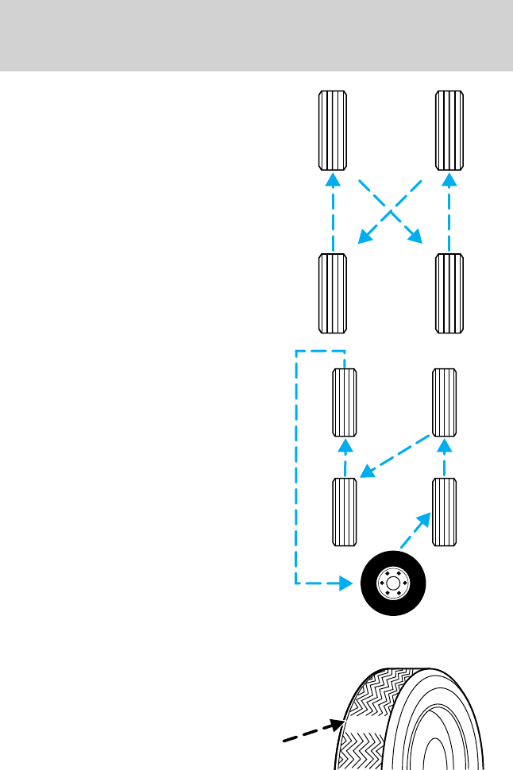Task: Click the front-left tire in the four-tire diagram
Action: (x=332, y=130)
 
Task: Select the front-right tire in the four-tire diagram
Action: (x=449, y=130)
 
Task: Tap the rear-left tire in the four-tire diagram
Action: (x=332, y=293)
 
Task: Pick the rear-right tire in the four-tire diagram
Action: (x=449, y=293)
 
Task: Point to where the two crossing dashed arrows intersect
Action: (x=391, y=212)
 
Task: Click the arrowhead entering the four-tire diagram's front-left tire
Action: (x=334, y=179)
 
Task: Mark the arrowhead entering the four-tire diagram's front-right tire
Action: (x=449, y=179)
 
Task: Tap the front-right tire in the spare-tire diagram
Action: (x=443, y=402)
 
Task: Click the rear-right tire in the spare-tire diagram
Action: (x=443, y=513)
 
